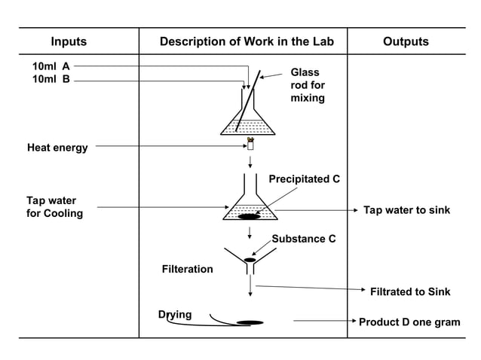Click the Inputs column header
[69, 42]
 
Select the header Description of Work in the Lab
[247, 42]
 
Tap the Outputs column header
[406, 42]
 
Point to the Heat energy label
[57, 148]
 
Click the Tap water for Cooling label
[55, 207]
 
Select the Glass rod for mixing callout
[308, 85]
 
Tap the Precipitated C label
[304, 179]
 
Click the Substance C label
[304, 239]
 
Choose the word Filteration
[188, 269]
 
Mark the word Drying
[175, 314]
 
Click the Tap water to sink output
[406, 210]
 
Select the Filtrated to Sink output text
[410, 291]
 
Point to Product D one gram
[409, 322]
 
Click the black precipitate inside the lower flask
[248, 218]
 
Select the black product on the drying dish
[250, 322]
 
